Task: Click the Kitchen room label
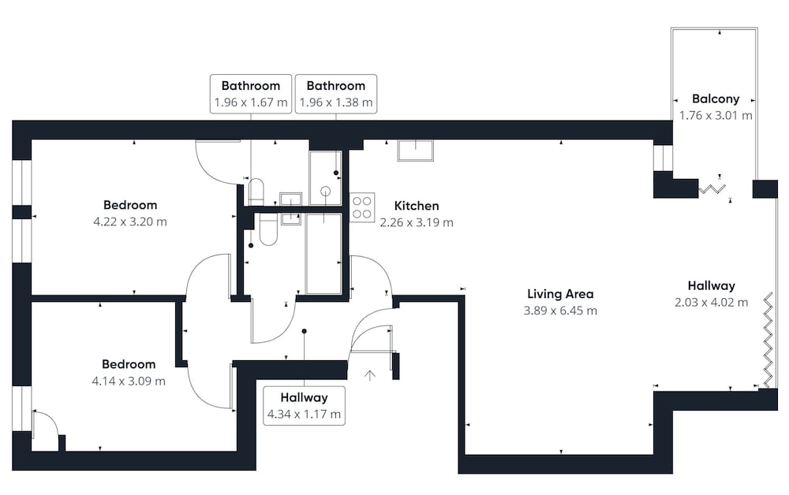[417, 206]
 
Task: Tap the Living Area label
[560, 293]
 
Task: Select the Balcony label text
[716, 99]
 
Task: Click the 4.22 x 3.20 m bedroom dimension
[130, 221]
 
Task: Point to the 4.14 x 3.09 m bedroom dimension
[129, 381]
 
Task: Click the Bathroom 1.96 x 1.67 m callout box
[251, 94]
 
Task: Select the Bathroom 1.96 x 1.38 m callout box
[336, 94]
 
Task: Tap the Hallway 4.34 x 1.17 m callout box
[304, 406]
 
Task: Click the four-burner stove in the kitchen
[362, 207]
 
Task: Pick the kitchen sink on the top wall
[416, 151]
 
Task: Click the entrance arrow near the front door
[370, 375]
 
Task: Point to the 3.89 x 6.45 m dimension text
[560, 311]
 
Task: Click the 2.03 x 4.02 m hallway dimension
[712, 303]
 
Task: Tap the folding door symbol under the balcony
[712, 189]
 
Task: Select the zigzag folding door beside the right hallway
[768, 341]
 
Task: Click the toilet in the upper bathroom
[256, 192]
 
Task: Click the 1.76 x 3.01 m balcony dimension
[716, 116]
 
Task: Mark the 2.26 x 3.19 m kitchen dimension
[417, 222]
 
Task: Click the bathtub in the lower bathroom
[323, 254]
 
